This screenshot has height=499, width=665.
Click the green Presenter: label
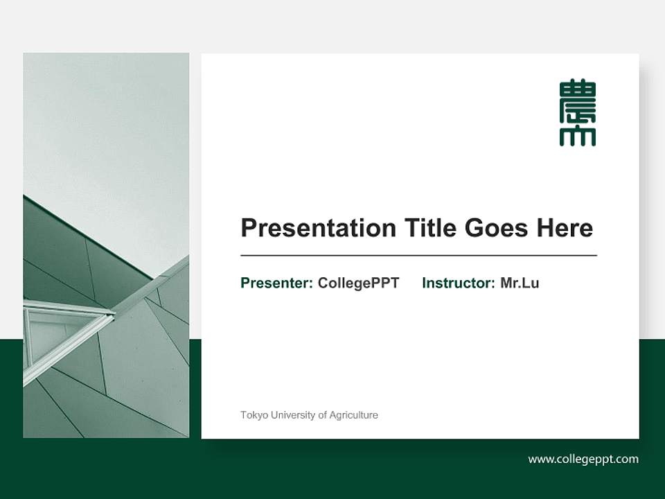click(x=276, y=283)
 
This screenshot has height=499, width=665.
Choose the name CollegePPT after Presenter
click(x=358, y=283)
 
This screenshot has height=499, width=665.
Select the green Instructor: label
click(x=459, y=283)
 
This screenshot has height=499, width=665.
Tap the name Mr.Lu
click(x=520, y=283)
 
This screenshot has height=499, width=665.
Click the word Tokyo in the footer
click(x=253, y=415)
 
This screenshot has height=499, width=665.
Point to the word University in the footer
click(x=292, y=415)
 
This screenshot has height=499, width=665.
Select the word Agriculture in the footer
click(x=354, y=415)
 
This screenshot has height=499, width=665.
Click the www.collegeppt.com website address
click(x=583, y=459)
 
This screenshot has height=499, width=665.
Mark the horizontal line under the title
click(x=418, y=256)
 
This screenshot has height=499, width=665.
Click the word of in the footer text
click(x=323, y=415)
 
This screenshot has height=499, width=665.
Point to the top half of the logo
click(x=577, y=96)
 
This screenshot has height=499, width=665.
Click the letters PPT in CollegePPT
click(x=385, y=283)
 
